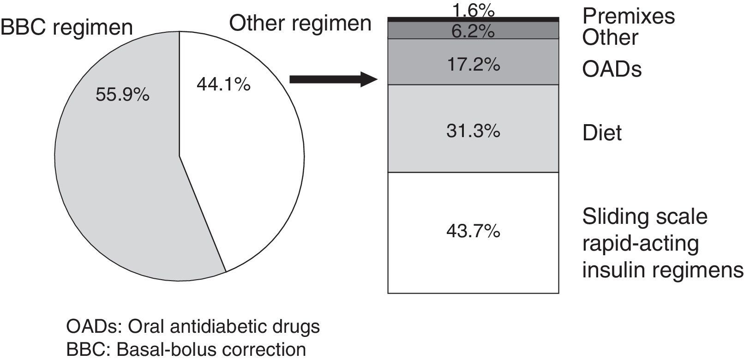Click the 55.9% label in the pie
122,95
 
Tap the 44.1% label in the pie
223,84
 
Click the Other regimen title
300,23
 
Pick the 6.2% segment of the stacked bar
473,31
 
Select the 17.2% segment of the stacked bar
473,65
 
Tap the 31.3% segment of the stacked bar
473,132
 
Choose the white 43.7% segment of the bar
473,231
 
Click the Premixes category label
628,16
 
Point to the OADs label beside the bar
612,70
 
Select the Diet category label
602,133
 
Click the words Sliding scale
645,216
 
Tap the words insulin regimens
662,270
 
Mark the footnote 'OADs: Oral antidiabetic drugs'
193,327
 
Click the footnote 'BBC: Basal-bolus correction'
186,349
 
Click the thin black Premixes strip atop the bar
473,19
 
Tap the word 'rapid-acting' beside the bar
641,243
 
